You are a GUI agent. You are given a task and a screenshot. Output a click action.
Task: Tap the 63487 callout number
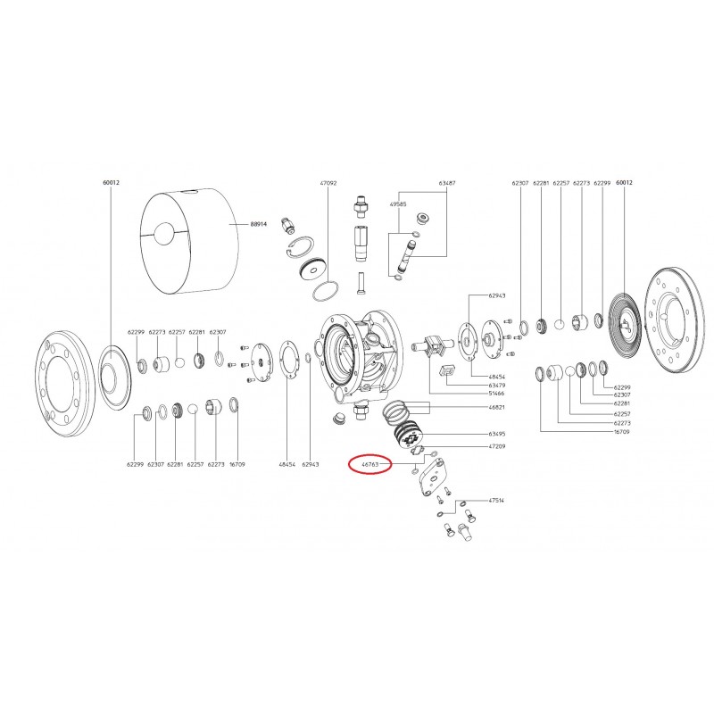click(446, 182)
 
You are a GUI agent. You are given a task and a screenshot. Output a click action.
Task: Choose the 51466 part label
click(497, 392)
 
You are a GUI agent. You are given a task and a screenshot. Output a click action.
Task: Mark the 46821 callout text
click(497, 407)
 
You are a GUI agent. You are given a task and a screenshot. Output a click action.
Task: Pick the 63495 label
click(497, 434)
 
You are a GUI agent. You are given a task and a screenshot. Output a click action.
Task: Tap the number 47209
click(497, 445)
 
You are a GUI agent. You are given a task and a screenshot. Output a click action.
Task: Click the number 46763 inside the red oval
click(369, 464)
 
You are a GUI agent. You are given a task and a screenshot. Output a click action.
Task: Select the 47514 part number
click(497, 501)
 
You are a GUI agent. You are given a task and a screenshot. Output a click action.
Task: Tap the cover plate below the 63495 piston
click(439, 472)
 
